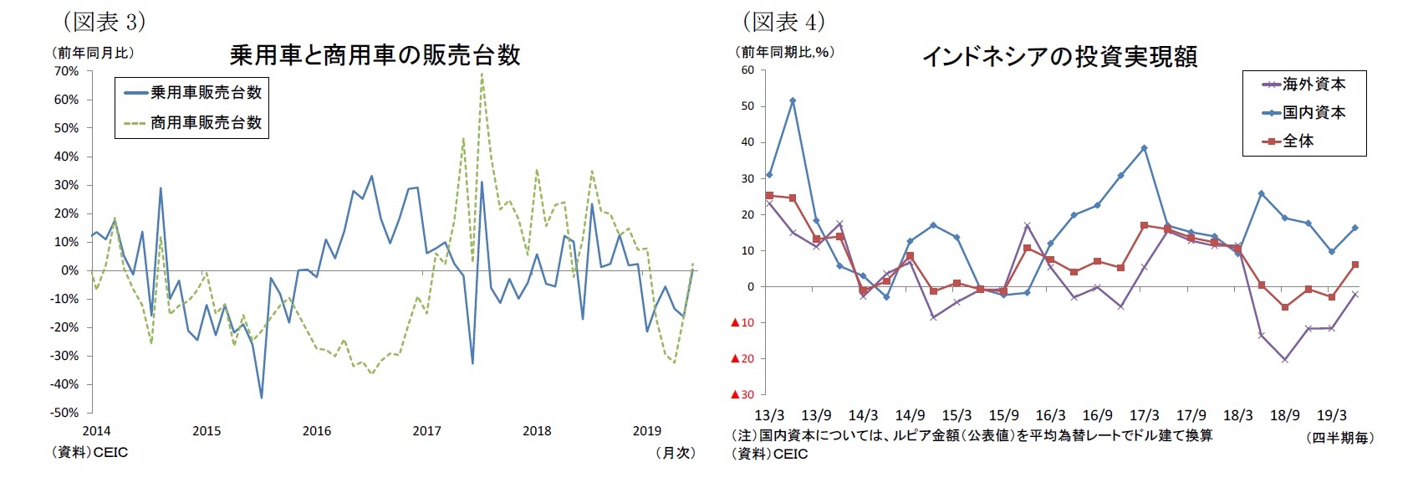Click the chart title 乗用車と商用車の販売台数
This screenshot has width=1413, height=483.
pyautogui.click(x=375, y=56)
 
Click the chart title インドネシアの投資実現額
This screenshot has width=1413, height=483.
pyautogui.click(x=1059, y=57)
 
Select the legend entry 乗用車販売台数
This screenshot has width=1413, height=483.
pyautogui.click(x=206, y=93)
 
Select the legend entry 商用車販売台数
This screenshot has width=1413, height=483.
pyautogui.click(x=206, y=123)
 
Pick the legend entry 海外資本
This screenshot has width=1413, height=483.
pyautogui.click(x=1314, y=85)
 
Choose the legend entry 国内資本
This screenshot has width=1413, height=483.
pyautogui.click(x=1314, y=113)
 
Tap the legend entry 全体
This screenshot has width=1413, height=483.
pyautogui.click(x=1298, y=141)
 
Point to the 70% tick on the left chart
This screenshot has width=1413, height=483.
pyautogui.click(x=66, y=71)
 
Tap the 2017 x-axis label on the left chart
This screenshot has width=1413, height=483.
pyautogui.click(x=426, y=431)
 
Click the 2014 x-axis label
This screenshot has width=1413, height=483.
pyautogui.click(x=96, y=431)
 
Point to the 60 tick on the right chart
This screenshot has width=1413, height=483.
pyautogui.click(x=747, y=70)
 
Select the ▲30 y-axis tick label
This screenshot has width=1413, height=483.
pyautogui.click(x=742, y=394)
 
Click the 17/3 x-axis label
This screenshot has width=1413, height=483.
pyautogui.click(x=1144, y=415)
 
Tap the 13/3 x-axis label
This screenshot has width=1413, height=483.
pyautogui.click(x=769, y=415)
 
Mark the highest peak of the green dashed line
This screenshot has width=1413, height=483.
pyautogui.click(x=482, y=74)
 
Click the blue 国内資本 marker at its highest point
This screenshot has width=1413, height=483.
pyautogui.click(x=793, y=100)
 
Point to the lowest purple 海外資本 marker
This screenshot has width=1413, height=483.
pyautogui.click(x=1284, y=360)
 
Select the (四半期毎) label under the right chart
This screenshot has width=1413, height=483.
pyautogui.click(x=1340, y=438)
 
